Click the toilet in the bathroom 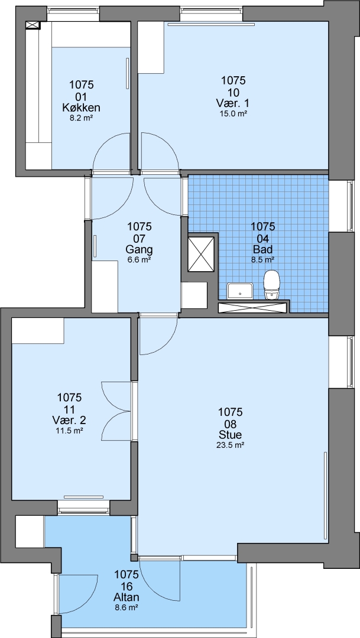(272, 285)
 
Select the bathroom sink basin (240, 291)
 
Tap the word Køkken (82, 108)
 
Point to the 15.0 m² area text (233, 113)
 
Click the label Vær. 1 (233, 103)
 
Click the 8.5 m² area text (262, 259)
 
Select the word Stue (231, 434)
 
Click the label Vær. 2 (69, 419)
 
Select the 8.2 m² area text (82, 119)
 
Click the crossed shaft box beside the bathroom (201, 254)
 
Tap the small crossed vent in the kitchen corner (33, 25)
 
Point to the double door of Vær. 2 (118, 411)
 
